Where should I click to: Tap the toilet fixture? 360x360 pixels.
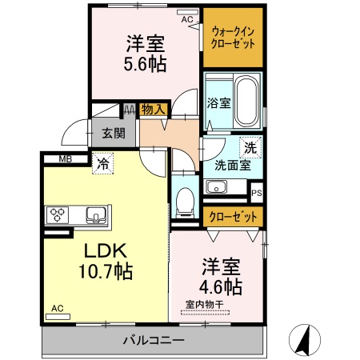[186, 200]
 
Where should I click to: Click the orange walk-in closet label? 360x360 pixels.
[233, 38]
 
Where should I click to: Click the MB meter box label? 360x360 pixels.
[66, 158]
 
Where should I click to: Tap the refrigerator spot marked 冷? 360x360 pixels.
[104, 163]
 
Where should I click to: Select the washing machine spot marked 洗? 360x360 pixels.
[250, 147]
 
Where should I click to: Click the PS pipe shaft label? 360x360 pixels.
[256, 193]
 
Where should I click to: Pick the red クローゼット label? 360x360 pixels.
[234, 217]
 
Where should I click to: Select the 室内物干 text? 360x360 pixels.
[204, 303]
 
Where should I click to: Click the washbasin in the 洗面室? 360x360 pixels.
[216, 187]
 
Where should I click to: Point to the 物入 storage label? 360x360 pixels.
[153, 110]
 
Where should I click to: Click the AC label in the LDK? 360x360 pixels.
[57, 308]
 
